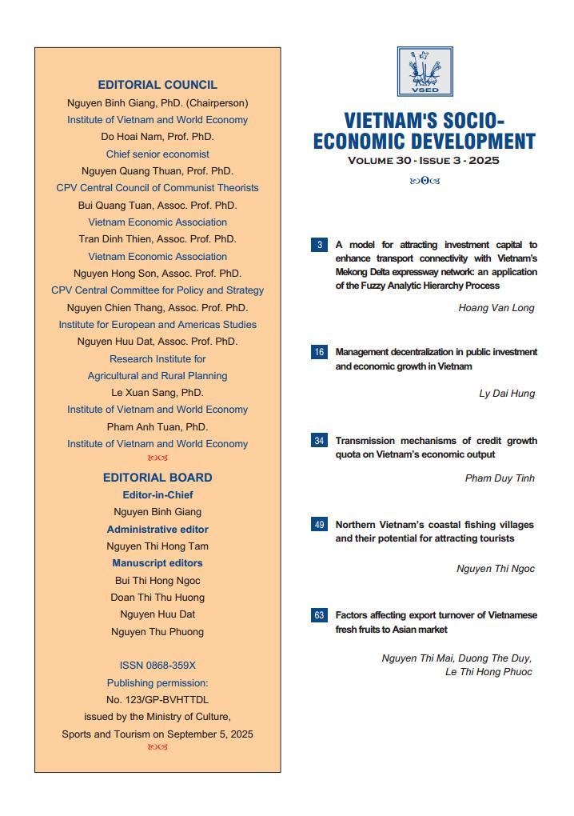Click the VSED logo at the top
(425, 72)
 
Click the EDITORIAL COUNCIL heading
(157, 85)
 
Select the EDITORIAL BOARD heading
(157, 478)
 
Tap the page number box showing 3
(319, 245)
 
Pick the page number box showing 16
(319, 352)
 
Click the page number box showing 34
(319, 441)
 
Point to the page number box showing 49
(319, 525)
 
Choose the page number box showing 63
(319, 615)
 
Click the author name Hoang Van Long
(496, 308)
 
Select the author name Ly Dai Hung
(507, 394)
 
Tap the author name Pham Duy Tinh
(500, 478)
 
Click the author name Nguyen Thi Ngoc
(496, 569)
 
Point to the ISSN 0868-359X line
(157, 666)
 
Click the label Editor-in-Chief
(157, 495)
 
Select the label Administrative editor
(157, 530)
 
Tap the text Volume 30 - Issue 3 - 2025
(424, 161)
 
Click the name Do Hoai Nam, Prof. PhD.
(157, 137)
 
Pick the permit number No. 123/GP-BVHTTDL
(157, 700)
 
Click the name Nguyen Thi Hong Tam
(157, 546)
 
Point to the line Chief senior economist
(157, 154)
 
